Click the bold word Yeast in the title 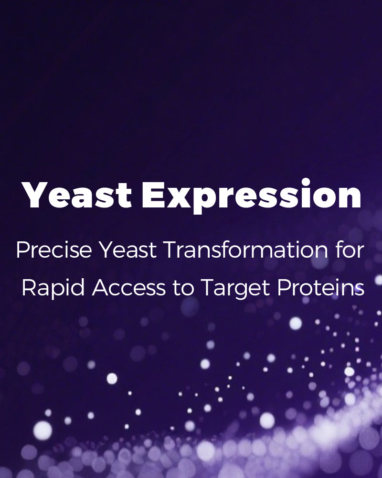[x=76, y=195]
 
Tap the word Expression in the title [x=252, y=196]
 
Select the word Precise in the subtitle [x=54, y=250]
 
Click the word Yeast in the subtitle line [x=128, y=250]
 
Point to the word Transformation [x=246, y=250]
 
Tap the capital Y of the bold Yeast [x=34, y=195]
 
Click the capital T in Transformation [x=171, y=250]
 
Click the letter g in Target [x=246, y=292]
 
